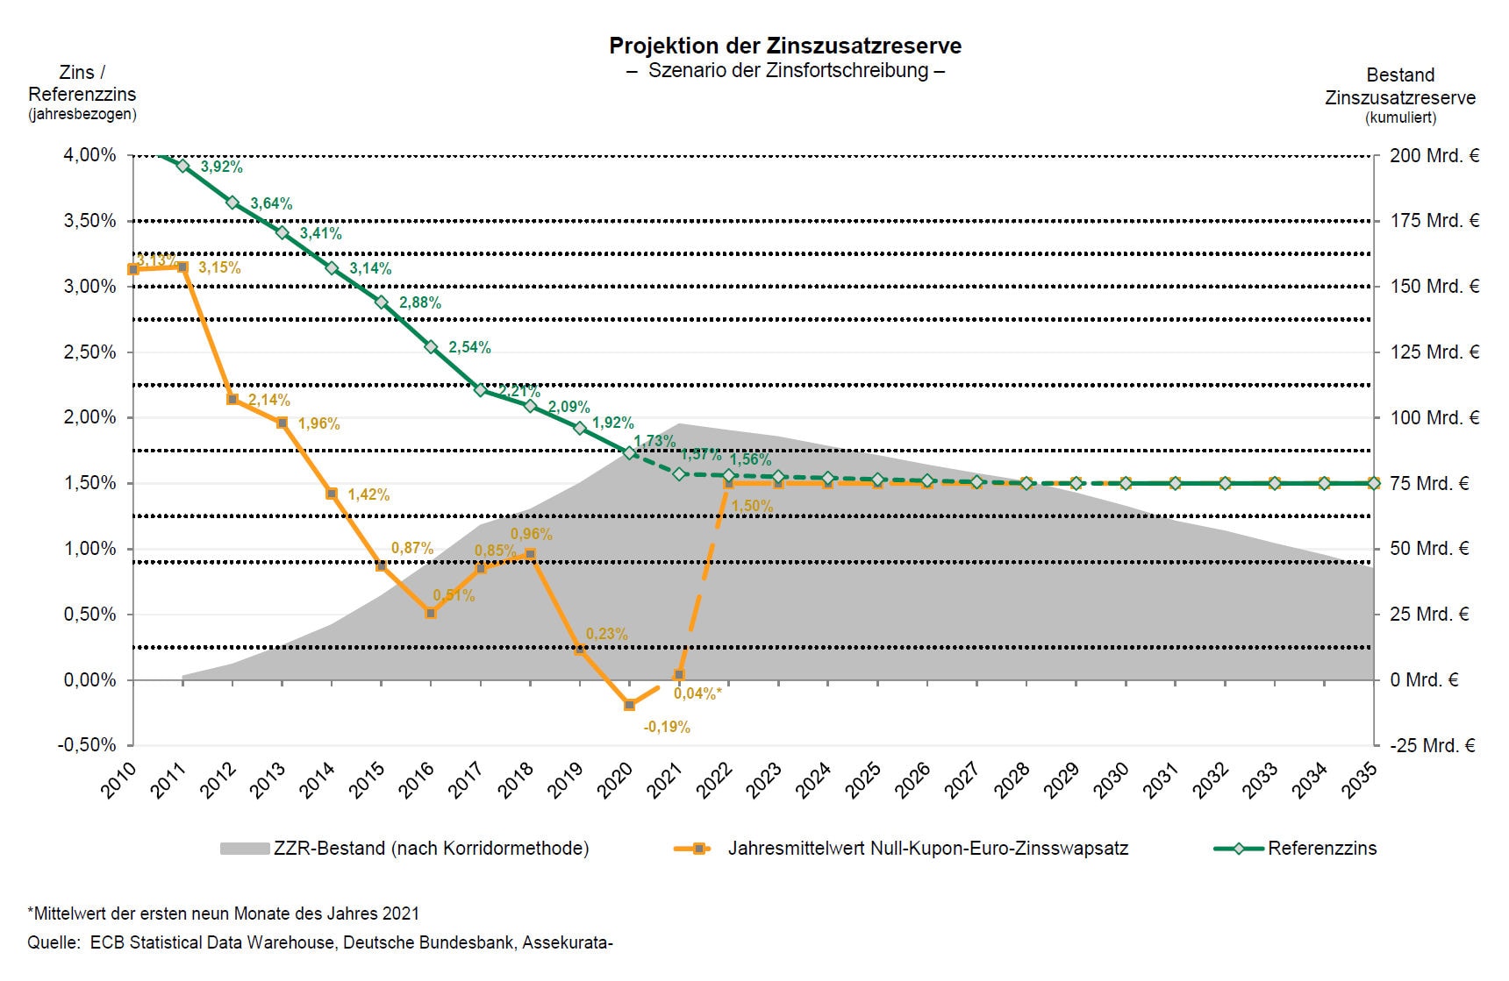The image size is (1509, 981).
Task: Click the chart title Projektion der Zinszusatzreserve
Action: pos(785,46)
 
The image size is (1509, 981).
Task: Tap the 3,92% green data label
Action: pos(221,167)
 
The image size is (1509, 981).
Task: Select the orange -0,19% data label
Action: pos(667,727)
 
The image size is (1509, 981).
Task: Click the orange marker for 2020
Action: pos(629,705)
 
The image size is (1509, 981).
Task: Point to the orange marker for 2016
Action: pos(431,614)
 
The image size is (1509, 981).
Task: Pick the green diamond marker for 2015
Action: pos(382,302)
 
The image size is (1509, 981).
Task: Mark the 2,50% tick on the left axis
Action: pos(89,352)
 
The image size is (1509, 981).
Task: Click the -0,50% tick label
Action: pos(87,744)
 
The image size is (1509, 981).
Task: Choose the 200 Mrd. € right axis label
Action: pos(1434,155)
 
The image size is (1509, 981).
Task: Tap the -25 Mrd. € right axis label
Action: pos(1433,745)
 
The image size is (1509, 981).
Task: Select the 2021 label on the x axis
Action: pos(664,780)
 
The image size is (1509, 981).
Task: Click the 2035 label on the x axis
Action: pos(1359,780)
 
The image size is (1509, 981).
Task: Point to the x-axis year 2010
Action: pos(118,780)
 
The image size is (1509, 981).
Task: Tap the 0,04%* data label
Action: pos(697,693)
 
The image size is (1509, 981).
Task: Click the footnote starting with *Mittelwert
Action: pos(223,913)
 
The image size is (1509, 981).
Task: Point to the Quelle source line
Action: pos(319,942)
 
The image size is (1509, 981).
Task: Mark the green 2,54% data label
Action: pos(469,347)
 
